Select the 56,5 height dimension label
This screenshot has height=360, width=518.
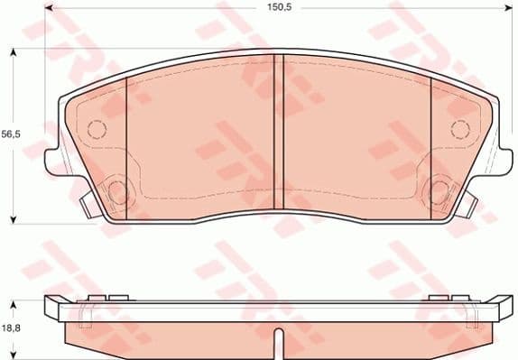coord(11,134)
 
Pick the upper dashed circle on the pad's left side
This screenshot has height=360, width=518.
coord(96,127)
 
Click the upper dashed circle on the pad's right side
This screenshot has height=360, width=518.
coord(459,127)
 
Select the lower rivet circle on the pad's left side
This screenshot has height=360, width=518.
coord(116,191)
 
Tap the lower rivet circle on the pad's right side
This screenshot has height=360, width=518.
coord(439,191)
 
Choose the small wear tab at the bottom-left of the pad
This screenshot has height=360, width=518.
coord(87,206)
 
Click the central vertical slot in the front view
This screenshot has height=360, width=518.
coord(279,135)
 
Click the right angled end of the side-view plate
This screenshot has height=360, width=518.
coord(502,308)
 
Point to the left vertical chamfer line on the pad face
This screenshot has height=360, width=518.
coord(126,144)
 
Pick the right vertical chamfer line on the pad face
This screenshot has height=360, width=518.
coord(430,144)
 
